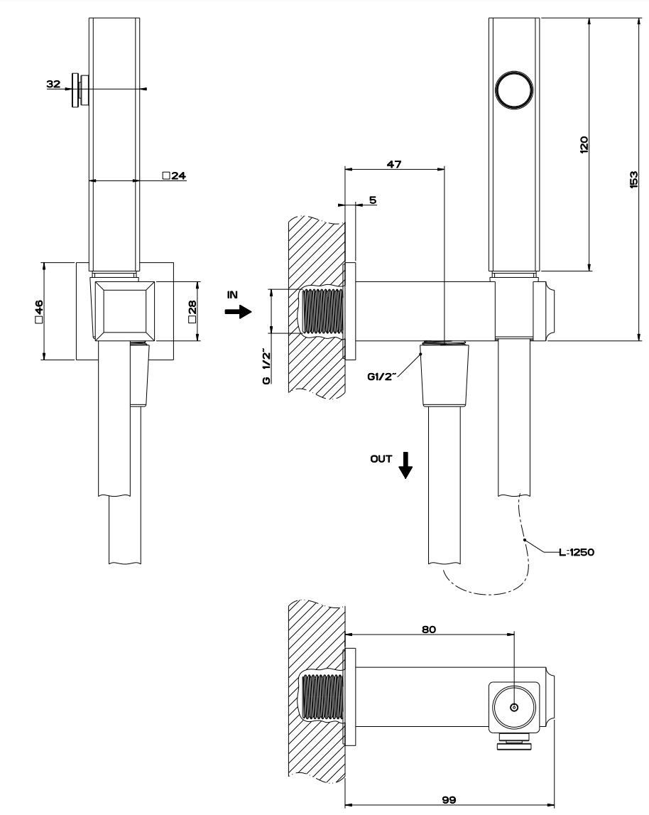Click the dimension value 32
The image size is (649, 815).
click(x=53, y=84)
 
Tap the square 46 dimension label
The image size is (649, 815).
click(x=40, y=311)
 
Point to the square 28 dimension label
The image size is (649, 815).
click(x=192, y=311)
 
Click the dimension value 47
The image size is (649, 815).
click(x=394, y=163)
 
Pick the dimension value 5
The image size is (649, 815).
click(x=373, y=200)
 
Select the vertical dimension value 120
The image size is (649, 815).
click(x=584, y=145)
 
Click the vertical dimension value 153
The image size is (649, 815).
click(x=634, y=179)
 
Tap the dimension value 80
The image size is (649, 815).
click(x=428, y=629)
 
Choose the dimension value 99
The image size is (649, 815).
click(x=448, y=799)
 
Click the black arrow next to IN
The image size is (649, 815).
click(x=239, y=311)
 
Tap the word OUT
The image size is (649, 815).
click(x=381, y=458)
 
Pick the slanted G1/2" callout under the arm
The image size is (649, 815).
click(x=381, y=377)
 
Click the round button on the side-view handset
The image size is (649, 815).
click(x=514, y=91)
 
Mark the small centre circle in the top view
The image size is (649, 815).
click(x=514, y=707)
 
